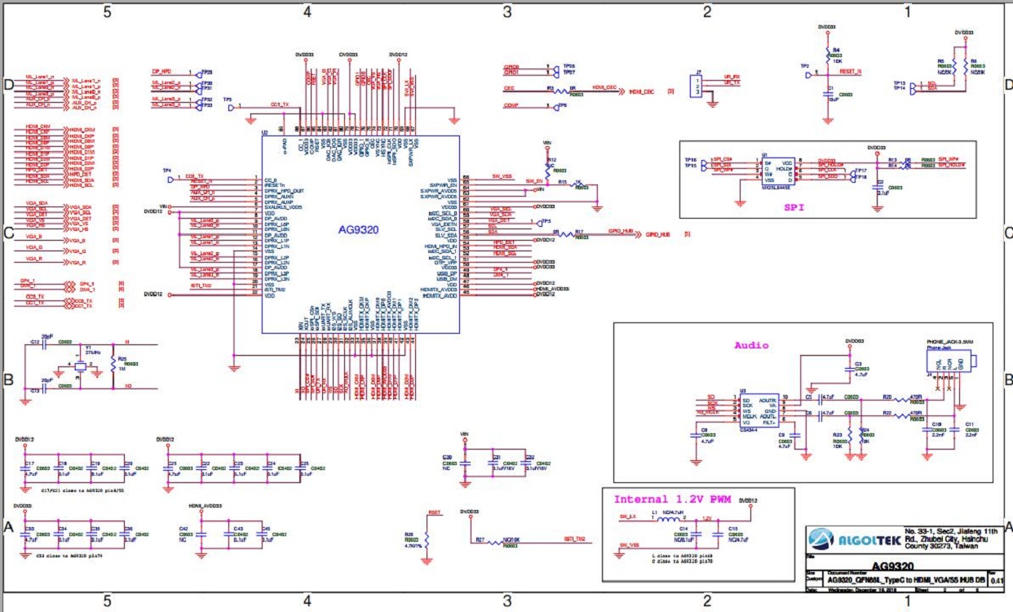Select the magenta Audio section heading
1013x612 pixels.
pyautogui.click(x=750, y=344)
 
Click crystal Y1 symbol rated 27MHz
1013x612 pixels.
pyautogui.click(x=79, y=364)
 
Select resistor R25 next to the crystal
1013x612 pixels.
pyautogui.click(x=113, y=366)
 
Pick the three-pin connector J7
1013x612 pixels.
pyautogui.click(x=694, y=86)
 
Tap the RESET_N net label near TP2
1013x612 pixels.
pyautogui.click(x=851, y=73)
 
